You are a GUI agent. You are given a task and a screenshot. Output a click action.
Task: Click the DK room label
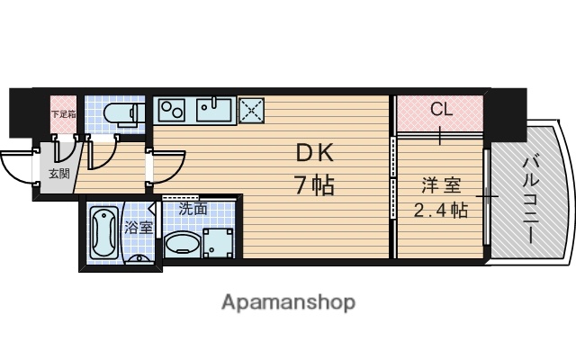point(314,154)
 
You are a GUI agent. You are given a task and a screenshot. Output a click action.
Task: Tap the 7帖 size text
point(314,185)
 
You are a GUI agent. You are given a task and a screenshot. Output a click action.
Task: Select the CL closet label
point(440,110)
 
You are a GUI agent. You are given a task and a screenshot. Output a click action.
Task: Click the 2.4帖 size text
point(440,212)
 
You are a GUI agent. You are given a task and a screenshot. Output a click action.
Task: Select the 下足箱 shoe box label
point(63,114)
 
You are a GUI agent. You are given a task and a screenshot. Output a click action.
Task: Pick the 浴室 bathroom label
point(139,229)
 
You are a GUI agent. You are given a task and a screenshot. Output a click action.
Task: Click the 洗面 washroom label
point(193,209)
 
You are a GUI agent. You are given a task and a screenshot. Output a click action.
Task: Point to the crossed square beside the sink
point(250,111)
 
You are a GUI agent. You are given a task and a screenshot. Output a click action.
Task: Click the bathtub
point(103,232)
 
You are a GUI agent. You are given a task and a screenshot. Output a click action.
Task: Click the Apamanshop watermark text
point(288,301)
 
